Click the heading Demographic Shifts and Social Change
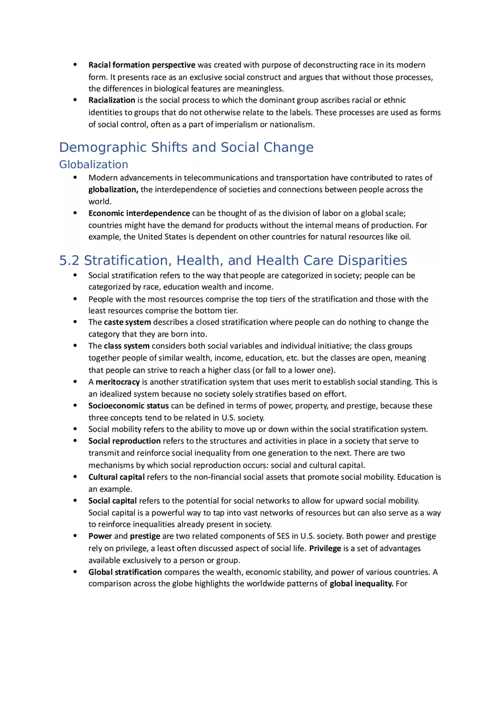[x=186, y=147]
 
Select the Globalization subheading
[x=94, y=165]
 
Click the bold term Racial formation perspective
[x=142, y=65]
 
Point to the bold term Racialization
[x=112, y=100]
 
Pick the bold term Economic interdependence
[x=139, y=213]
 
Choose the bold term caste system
[x=128, y=322]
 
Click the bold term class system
[x=126, y=346]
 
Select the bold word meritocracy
[x=118, y=381]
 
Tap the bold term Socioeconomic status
[x=128, y=406]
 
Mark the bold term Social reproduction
[x=124, y=441]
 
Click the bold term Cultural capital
[x=116, y=477]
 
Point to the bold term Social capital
[x=112, y=500]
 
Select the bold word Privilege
[x=325, y=548]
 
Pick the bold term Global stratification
[x=125, y=572]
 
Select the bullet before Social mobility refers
[x=75, y=429]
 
